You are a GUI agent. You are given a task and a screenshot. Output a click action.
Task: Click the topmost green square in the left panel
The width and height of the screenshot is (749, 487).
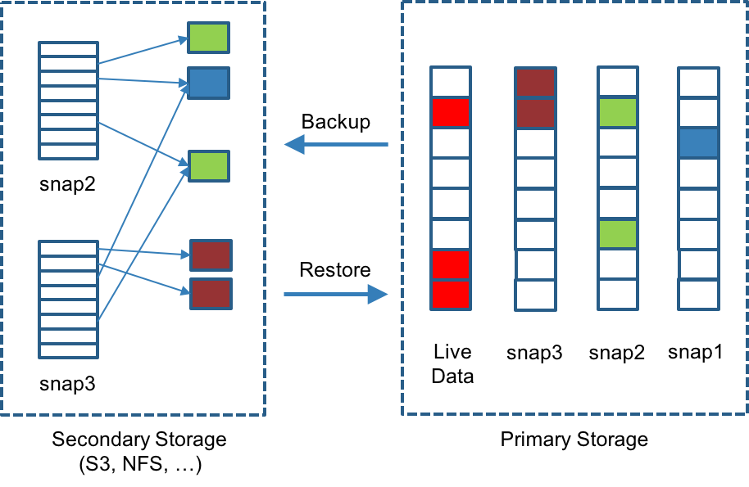pos(208,38)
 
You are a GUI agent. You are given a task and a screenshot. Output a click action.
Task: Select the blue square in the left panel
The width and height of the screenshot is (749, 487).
pos(208,83)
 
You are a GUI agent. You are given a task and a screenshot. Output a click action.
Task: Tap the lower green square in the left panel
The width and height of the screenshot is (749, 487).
pos(209,166)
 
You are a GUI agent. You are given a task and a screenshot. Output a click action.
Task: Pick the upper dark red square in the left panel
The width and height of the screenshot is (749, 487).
pos(211,255)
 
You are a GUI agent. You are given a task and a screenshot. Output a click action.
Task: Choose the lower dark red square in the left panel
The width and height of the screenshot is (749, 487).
pos(211,295)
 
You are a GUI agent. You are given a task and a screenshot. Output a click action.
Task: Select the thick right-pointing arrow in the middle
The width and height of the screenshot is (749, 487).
pos(336,300)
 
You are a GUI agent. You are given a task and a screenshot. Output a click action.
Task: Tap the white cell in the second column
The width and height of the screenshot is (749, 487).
pos(535,174)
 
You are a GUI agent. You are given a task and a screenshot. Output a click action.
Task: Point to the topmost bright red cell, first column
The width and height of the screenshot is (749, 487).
pos(450,113)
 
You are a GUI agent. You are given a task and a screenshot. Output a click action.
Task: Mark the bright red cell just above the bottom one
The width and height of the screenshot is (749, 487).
pos(450,264)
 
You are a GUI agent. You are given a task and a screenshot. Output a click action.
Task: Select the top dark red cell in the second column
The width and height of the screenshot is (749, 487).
pos(535,83)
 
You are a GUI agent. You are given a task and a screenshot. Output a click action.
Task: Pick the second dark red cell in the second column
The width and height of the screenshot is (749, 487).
pos(535,113)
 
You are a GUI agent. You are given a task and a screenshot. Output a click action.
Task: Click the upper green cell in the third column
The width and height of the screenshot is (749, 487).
pos(617,113)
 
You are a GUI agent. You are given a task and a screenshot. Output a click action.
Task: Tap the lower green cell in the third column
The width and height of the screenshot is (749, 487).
pos(617,234)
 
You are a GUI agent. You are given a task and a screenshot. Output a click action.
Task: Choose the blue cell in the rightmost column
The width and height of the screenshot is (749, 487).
pos(698,143)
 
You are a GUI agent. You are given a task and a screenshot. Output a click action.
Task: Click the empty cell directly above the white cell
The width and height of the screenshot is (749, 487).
pos(535,144)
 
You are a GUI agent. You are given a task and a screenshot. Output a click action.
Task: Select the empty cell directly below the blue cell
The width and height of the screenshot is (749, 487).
pos(698,174)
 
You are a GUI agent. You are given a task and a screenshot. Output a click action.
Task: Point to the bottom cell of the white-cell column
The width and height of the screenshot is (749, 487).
pos(535,295)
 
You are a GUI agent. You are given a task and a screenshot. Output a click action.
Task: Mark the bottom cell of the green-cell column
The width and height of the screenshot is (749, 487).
pos(617,295)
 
